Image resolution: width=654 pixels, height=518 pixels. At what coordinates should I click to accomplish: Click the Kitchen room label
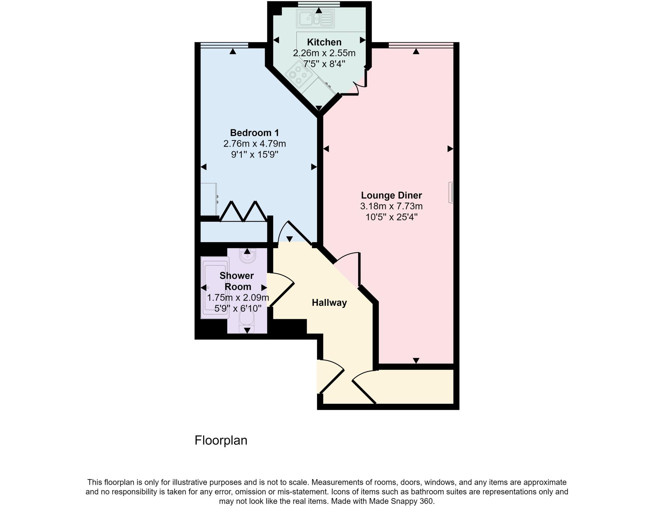pos(324,42)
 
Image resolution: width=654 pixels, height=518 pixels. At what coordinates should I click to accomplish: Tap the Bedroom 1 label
pos(255,132)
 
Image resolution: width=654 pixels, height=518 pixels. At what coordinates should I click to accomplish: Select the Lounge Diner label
pos(391,195)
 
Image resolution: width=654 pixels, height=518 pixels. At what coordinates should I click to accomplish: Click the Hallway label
pos(329,302)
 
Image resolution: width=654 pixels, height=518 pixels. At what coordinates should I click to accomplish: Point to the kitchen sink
pos(315,18)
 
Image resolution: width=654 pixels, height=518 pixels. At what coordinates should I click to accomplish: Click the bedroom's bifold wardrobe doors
pos(243,212)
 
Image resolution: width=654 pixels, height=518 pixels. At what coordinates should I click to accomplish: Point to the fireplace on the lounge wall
pos(451,192)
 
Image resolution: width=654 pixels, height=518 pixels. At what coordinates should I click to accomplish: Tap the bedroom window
pos(224,45)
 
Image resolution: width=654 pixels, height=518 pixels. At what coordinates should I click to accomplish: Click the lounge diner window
pos(421,45)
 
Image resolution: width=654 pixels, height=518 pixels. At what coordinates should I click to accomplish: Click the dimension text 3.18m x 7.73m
pos(391,206)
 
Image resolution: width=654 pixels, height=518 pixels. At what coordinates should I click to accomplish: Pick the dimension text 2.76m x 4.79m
pos(255,144)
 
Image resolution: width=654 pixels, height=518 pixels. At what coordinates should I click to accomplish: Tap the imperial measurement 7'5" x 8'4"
pos(324,64)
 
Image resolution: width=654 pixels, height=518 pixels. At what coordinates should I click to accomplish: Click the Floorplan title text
pos(221,440)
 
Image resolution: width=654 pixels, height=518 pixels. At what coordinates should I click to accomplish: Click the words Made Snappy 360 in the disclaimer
pos(401,501)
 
